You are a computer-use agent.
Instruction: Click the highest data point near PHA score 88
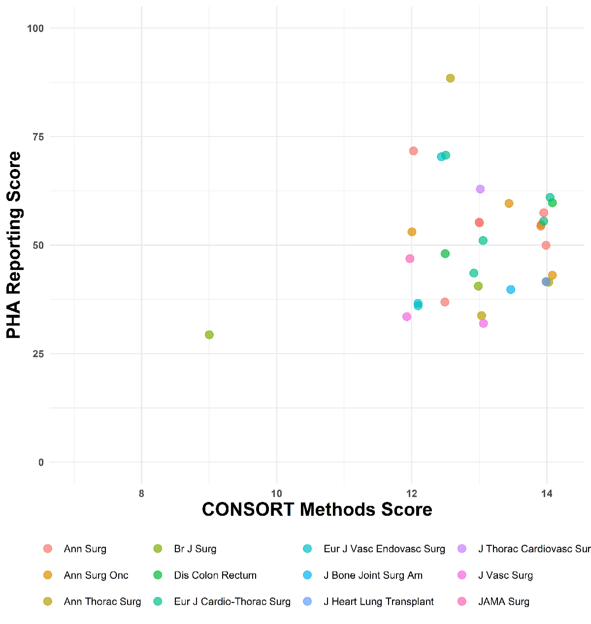450,78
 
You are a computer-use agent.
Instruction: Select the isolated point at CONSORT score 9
209,335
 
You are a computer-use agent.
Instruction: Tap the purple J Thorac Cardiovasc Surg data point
480,189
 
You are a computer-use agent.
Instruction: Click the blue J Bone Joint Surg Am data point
511,290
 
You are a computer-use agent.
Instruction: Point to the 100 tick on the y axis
35,29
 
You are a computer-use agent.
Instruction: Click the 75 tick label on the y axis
38,137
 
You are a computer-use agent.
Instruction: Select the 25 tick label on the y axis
38,354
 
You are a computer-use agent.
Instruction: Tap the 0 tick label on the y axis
41,462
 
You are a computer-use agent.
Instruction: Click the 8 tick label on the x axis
141,494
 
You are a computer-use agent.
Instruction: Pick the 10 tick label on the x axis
276,494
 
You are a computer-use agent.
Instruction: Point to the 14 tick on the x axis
546,494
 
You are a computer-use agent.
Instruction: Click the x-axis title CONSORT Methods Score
317,510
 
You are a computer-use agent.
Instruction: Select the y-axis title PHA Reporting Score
14,245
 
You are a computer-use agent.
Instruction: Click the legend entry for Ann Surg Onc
96,575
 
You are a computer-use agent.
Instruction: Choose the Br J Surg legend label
195,549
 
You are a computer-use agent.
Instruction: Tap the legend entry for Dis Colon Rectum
215,575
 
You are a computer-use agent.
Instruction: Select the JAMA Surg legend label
503,601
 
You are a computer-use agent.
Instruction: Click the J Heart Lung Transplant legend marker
307,601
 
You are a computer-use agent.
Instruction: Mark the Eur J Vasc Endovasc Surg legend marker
307,549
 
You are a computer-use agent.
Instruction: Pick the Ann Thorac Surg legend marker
48,601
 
